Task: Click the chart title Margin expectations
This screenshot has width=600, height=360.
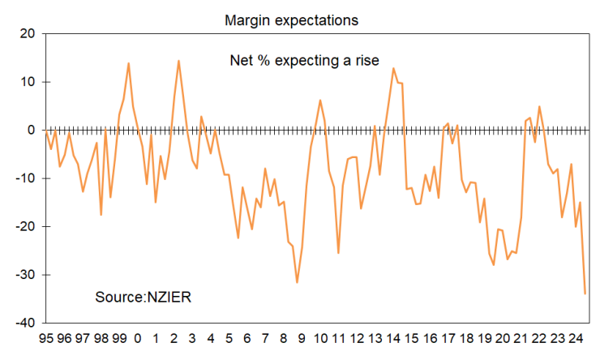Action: pyautogui.click(x=291, y=19)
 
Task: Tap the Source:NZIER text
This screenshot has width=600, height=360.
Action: pyautogui.click(x=143, y=297)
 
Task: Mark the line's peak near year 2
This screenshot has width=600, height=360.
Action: pyautogui.click(x=178, y=61)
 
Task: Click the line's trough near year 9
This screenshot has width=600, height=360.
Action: pyautogui.click(x=298, y=282)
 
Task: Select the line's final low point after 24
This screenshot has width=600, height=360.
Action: pyautogui.click(x=585, y=294)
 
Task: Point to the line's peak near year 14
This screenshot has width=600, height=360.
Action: pyautogui.click(x=393, y=68)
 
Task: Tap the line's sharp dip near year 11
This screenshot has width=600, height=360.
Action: pyautogui.click(x=338, y=253)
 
